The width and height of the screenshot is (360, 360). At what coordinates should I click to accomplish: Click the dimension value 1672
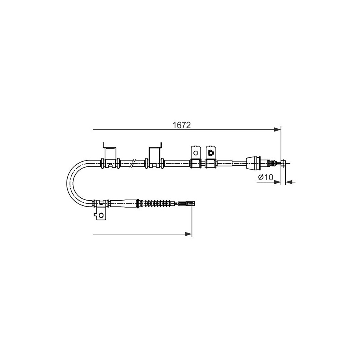coord(182,125)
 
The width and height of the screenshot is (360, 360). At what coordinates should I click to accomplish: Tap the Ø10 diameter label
coord(266,177)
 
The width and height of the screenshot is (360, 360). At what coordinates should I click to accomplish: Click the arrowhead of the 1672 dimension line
coord(278,130)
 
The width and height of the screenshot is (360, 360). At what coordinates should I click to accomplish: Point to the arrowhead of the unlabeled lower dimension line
coord(188,234)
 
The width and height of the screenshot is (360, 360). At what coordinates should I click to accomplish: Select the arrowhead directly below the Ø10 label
coord(278,182)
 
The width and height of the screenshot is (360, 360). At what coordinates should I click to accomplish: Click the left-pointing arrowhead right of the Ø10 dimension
coord(289,182)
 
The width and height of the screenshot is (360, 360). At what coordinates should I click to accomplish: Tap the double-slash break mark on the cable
coord(133,163)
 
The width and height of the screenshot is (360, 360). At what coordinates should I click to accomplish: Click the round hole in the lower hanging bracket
coord(101,215)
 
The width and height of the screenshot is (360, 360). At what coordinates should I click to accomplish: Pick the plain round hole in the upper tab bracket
coord(196,153)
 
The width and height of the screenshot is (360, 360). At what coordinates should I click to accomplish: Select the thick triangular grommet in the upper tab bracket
coord(210,152)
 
